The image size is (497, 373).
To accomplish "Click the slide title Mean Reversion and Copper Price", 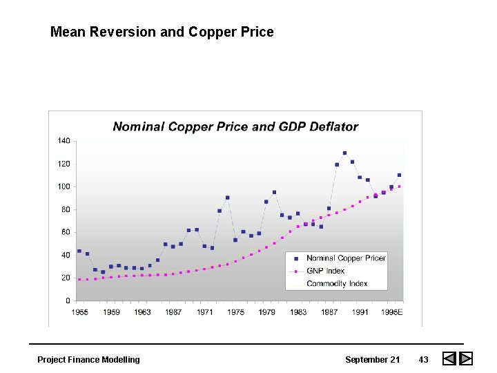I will (162, 32).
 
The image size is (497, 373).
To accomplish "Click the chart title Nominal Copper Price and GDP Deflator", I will (235, 126).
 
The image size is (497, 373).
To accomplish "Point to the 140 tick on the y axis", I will (64, 141).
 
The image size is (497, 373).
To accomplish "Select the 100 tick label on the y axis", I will (64, 186).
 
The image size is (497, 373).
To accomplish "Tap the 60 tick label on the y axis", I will (65, 232).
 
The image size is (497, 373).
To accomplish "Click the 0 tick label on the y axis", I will (68, 300).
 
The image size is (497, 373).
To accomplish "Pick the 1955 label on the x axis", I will (79, 312).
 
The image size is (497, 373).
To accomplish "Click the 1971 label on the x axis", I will (204, 312).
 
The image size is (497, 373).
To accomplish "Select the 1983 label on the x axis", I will (298, 312).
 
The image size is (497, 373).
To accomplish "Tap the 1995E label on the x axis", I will (393, 312).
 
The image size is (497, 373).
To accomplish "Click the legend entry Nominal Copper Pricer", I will (346, 258).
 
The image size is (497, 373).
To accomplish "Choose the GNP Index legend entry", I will (325, 271).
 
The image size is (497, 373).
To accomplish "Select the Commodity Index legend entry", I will (337, 283).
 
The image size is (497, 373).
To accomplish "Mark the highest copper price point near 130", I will (344, 153).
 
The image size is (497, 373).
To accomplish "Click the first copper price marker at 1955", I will (79, 251).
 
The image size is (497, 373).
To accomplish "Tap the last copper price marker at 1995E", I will (399, 175).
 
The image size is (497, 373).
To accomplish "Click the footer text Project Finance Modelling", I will (88, 359).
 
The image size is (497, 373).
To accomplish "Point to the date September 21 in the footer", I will (372, 359).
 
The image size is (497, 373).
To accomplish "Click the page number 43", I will (423, 359).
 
